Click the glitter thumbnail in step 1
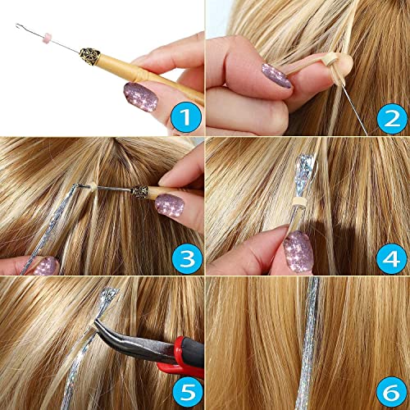[141, 96]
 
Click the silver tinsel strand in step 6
[310, 344]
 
